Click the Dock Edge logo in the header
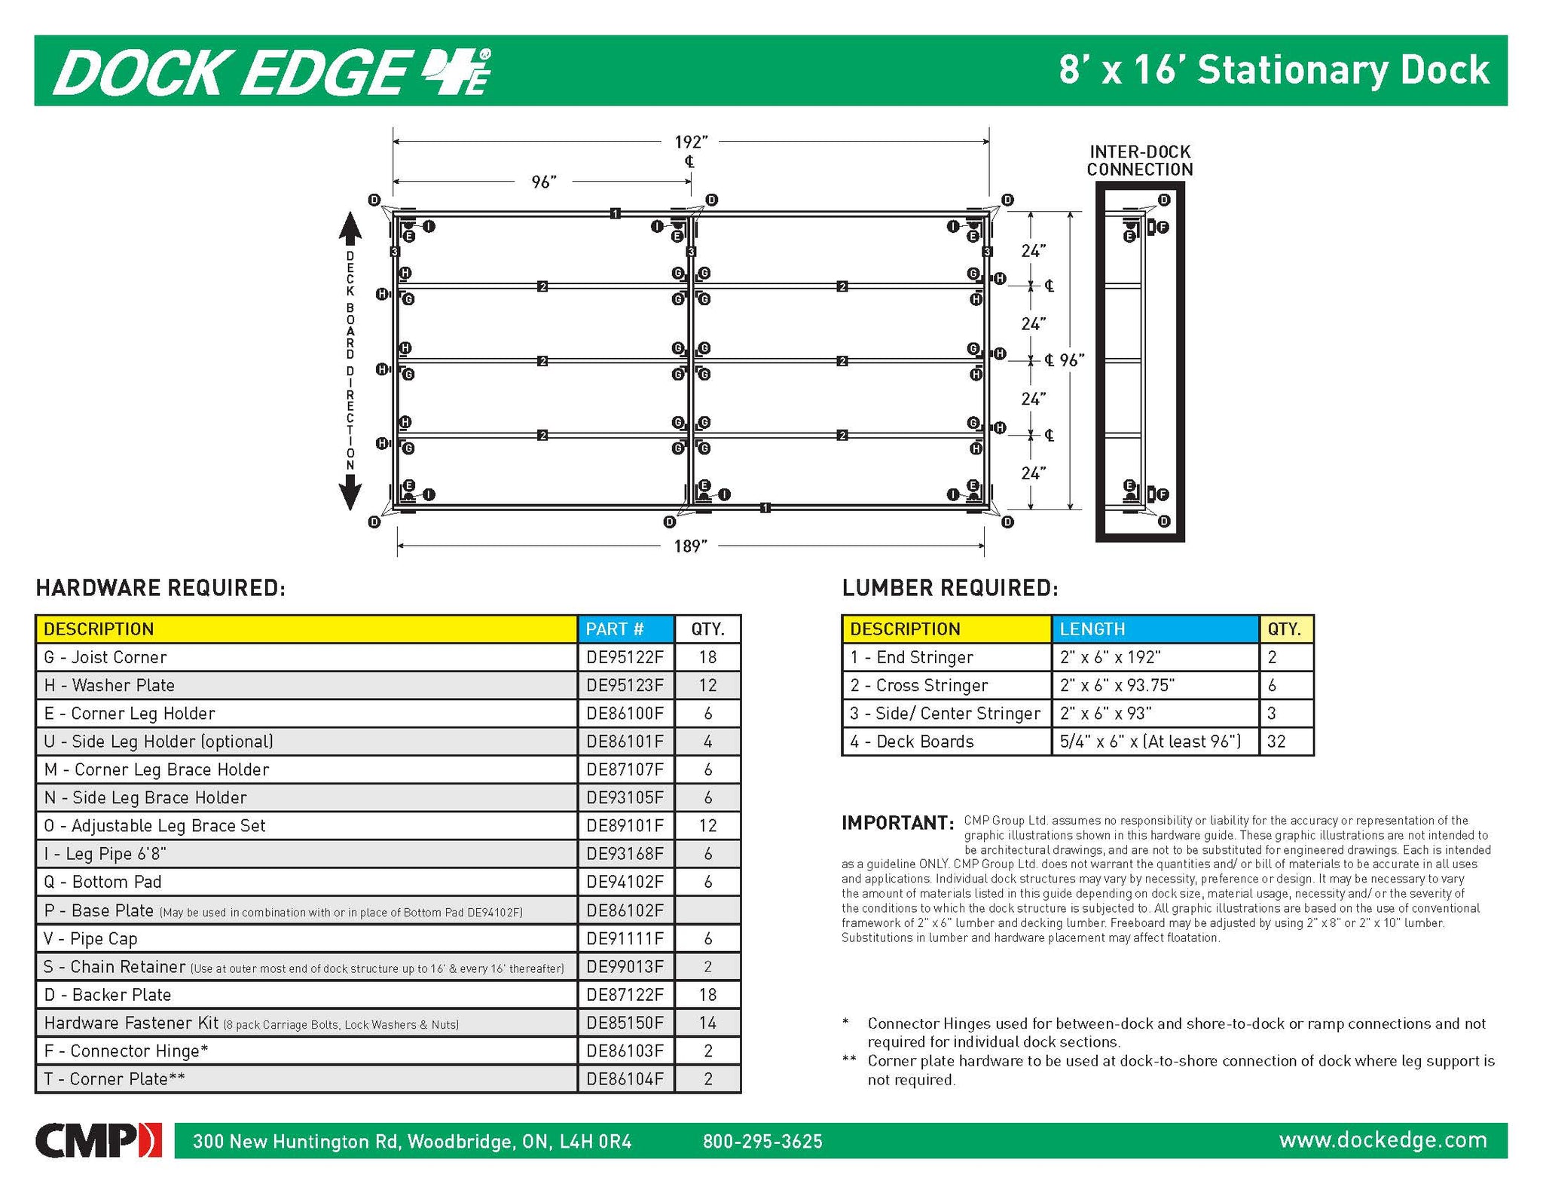click(x=271, y=72)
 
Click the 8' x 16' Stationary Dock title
click(x=1273, y=70)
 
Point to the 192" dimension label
click(x=690, y=142)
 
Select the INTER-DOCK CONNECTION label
click(x=1140, y=161)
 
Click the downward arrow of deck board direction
click(x=350, y=495)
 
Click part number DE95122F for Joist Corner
click(x=625, y=657)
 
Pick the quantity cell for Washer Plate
click(x=707, y=685)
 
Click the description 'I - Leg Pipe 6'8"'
click(x=105, y=854)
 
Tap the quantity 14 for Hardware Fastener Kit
click(x=707, y=1023)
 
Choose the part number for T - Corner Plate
click(x=625, y=1079)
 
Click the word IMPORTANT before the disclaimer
click(x=897, y=823)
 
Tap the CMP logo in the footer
click(x=98, y=1140)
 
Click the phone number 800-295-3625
click(x=762, y=1141)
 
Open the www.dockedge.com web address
click(x=1383, y=1139)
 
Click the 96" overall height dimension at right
click(x=1071, y=360)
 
